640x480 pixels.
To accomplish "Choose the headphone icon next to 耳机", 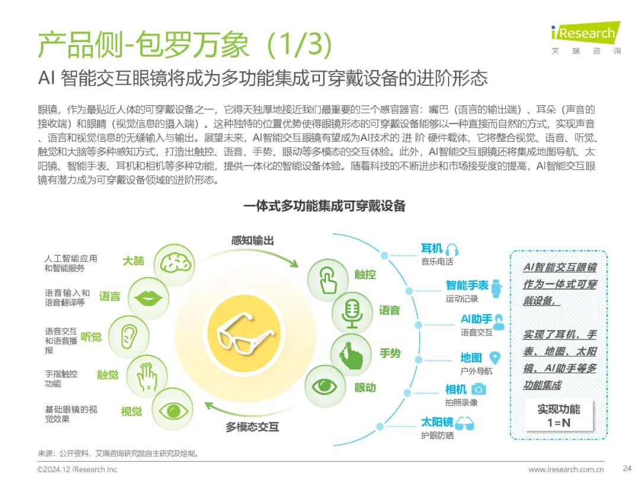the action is point(452,249).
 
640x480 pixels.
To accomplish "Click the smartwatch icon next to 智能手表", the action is point(496,286).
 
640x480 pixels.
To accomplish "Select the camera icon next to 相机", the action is point(478,389).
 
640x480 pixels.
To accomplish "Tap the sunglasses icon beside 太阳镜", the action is point(465,423).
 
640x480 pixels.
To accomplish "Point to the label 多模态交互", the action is point(252,427).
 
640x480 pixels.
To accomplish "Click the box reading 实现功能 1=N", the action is point(558,416).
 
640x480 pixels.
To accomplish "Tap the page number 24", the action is point(627,469).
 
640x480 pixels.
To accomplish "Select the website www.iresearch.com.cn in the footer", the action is point(566,469).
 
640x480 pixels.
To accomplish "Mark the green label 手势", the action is point(390,353).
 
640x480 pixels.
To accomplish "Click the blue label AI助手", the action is point(476,319).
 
